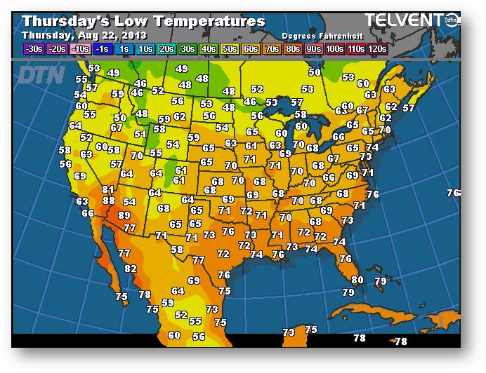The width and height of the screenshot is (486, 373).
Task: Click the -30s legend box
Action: pyautogui.click(x=32, y=49)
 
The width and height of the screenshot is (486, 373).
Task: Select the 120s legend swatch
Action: pyautogui.click(x=376, y=49)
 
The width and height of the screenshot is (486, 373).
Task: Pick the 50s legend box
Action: pyautogui.click(x=229, y=49)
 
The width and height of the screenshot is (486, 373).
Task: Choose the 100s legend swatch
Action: pyautogui.click(x=334, y=49)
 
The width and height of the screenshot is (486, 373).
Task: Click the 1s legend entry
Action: pyautogui.click(x=124, y=49)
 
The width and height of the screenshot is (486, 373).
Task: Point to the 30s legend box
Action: pyautogui.click(x=188, y=49)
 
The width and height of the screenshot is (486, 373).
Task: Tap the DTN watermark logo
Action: pyautogui.click(x=40, y=74)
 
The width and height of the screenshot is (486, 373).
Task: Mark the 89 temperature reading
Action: pyautogui.click(x=124, y=215)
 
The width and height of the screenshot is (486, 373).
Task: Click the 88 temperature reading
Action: pyautogui.click(x=109, y=201)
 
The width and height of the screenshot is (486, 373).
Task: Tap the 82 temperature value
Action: pyautogui.click(x=131, y=269)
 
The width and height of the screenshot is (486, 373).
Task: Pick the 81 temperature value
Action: pyautogui.click(x=108, y=189)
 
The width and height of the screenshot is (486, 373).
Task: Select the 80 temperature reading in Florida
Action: pyautogui.click(x=357, y=280)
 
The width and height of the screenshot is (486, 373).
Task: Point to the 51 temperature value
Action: pyautogui.click(x=140, y=134)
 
